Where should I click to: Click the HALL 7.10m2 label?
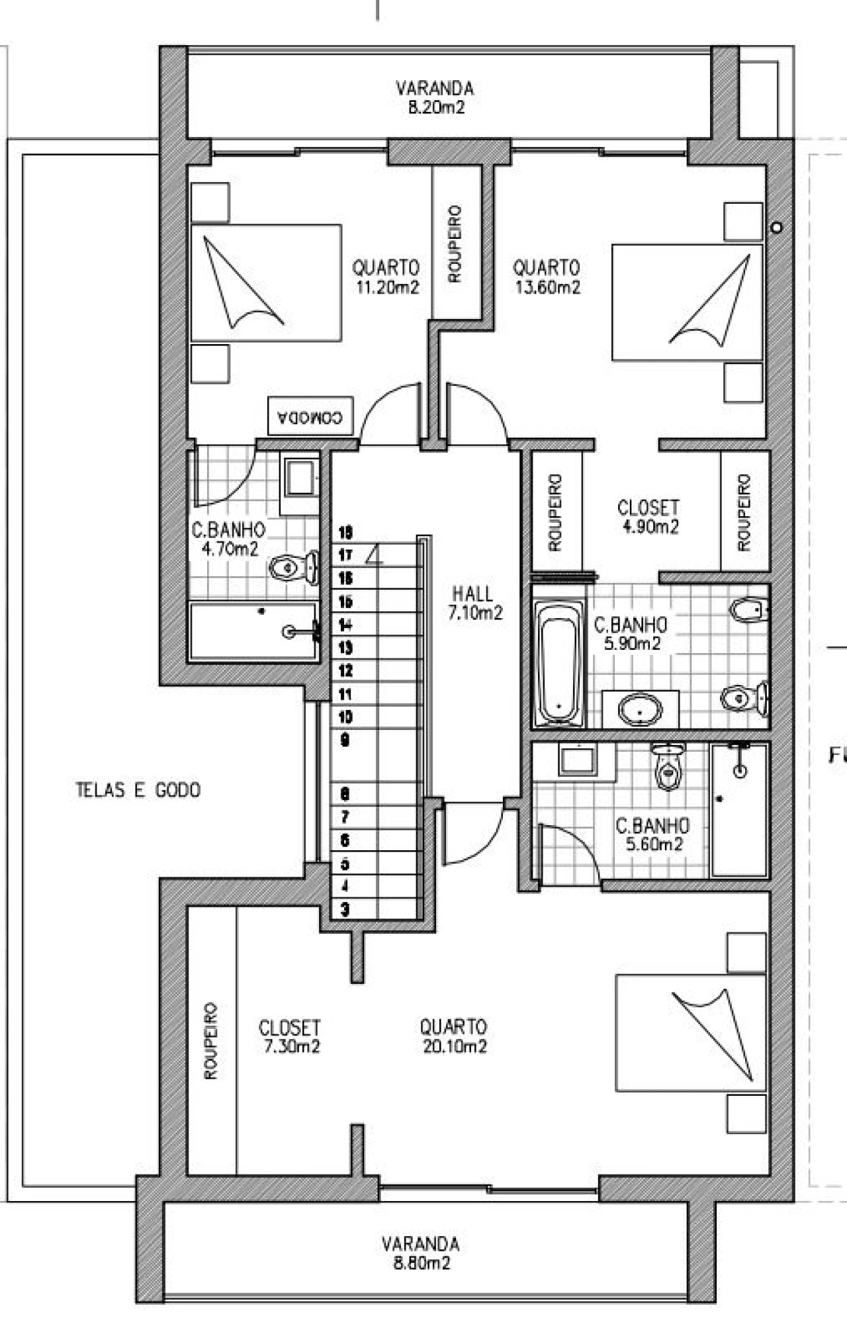(x=474, y=603)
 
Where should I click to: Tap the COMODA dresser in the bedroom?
(x=310, y=416)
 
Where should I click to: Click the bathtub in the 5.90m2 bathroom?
(x=558, y=660)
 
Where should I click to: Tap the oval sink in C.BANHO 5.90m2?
(x=640, y=710)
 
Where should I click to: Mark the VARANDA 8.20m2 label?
(x=435, y=98)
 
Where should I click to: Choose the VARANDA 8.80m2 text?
(x=421, y=1253)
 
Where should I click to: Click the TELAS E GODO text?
(x=138, y=790)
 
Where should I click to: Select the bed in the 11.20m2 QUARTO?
(x=266, y=283)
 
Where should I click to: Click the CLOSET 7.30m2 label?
(x=289, y=1036)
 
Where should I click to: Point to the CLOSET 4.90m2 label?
(x=648, y=517)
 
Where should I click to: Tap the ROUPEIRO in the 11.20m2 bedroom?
(x=455, y=243)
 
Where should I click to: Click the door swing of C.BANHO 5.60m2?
(x=569, y=854)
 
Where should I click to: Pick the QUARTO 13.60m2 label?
(x=547, y=277)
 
